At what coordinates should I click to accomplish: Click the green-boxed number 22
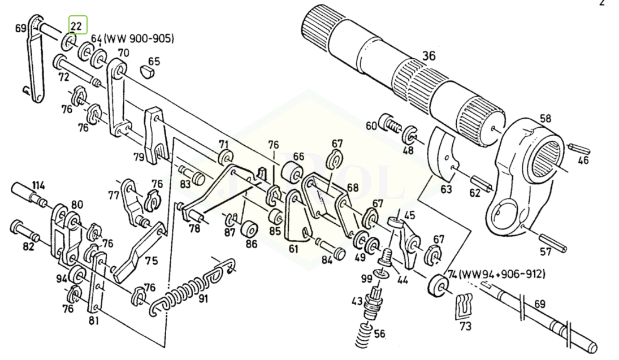point(76,27)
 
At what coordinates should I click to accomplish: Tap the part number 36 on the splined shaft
point(428,55)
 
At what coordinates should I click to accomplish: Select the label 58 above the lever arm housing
point(545,119)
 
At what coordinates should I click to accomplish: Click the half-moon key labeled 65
point(146,72)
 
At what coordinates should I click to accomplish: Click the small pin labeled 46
point(580,149)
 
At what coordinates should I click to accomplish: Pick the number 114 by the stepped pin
point(38,185)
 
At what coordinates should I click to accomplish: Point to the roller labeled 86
point(249,229)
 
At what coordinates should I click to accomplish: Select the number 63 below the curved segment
point(446,189)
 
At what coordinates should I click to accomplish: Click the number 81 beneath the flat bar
point(94,320)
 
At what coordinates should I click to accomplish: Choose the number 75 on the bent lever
point(151,261)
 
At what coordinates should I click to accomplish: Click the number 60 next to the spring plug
point(371,126)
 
